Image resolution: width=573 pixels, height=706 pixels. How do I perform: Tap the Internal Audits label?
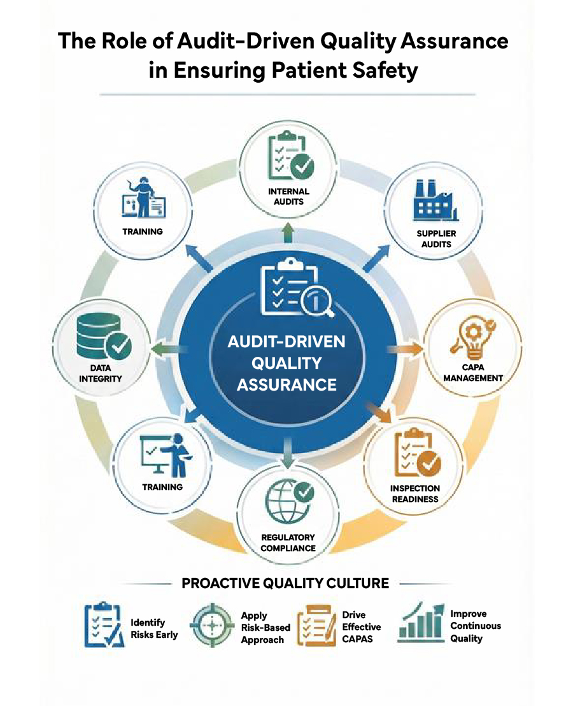tap(288, 196)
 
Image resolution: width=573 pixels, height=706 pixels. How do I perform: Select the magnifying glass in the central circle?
tap(316, 299)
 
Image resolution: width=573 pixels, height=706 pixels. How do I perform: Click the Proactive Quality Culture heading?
tap(285, 583)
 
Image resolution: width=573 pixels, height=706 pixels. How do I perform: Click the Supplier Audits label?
tap(436, 238)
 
